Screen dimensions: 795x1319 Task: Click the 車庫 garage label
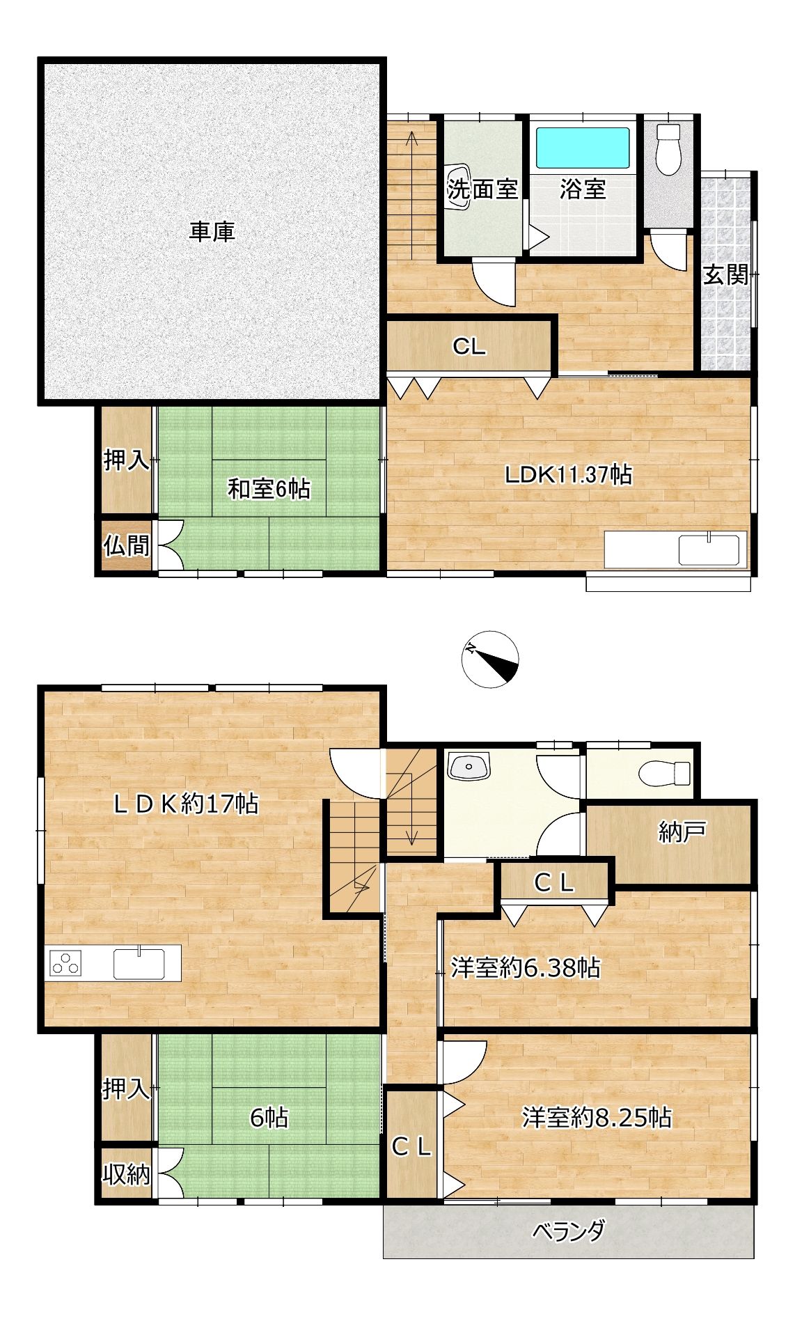point(212,232)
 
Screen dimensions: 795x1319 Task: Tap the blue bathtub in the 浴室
point(582,147)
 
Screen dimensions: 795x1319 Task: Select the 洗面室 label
point(482,189)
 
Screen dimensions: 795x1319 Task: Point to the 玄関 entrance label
point(725,275)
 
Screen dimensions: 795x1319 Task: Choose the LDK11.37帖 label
point(568,475)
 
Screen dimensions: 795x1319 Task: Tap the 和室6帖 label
point(269,489)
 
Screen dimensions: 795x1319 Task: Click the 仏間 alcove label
point(127,546)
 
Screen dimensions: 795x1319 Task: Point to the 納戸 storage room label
point(682,832)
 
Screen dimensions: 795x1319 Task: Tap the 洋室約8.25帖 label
point(597,1118)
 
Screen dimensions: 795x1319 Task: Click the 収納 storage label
point(127,1175)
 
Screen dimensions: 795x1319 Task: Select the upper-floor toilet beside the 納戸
point(664,773)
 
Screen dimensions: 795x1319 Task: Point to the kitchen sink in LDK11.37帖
point(709,549)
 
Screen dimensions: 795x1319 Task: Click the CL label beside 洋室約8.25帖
point(411,1147)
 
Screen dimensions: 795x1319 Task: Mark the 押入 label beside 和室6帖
point(127,460)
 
